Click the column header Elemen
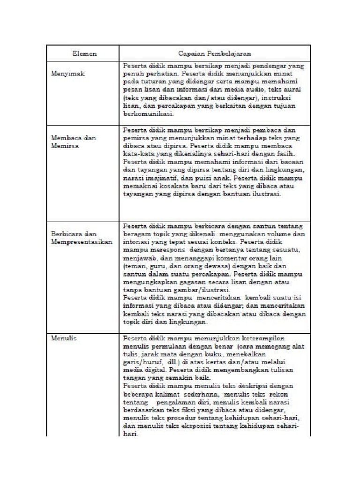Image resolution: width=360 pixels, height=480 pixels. [x=85, y=54]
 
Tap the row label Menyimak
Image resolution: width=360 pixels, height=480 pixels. [x=66, y=74]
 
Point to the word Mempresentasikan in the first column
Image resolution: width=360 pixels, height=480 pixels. [x=82, y=241]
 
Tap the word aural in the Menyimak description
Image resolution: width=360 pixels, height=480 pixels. [x=292, y=89]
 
